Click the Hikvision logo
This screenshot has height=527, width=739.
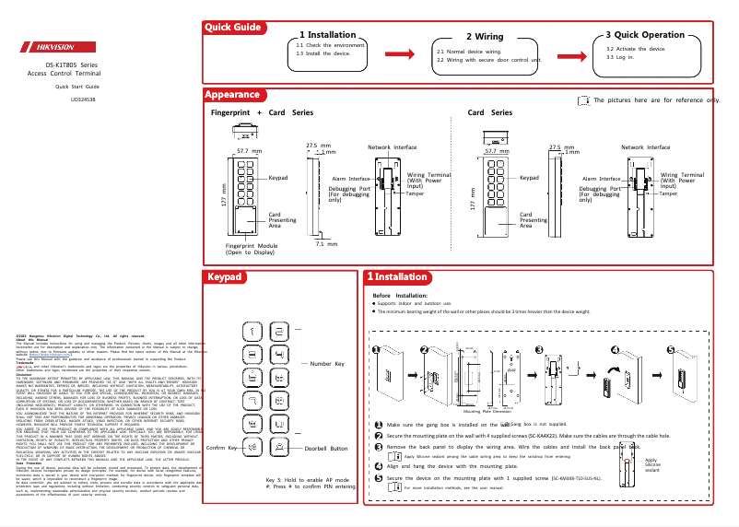tap(58, 47)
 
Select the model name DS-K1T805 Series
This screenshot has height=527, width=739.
tap(72, 64)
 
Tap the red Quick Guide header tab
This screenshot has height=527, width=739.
tap(233, 28)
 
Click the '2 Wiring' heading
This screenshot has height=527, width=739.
tap(484, 36)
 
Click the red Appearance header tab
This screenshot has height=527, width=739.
tap(232, 95)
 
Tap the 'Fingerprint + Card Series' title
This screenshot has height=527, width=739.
tap(262, 112)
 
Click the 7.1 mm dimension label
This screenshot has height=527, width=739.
tap(325, 244)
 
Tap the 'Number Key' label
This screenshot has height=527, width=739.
tap(327, 365)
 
